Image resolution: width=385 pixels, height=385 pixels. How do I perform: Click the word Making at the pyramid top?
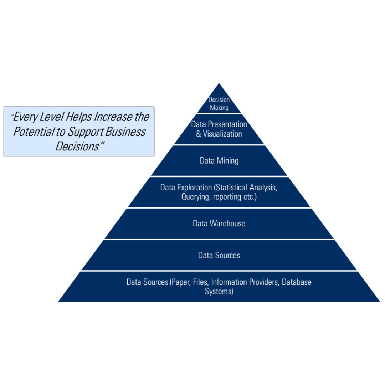219,107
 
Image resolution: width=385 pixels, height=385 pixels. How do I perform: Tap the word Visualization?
222,134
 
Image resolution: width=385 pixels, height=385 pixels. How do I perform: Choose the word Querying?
196,197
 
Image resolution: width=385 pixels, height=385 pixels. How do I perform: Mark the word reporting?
227,197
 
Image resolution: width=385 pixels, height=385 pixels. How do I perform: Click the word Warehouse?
227,224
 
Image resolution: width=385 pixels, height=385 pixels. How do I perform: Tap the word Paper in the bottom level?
181,282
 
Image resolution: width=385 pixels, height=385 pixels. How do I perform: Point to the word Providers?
262,282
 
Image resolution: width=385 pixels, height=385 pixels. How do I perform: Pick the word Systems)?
219,292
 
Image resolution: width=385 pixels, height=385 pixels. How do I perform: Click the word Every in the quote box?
27,117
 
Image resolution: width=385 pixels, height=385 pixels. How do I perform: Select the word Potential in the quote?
32,132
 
